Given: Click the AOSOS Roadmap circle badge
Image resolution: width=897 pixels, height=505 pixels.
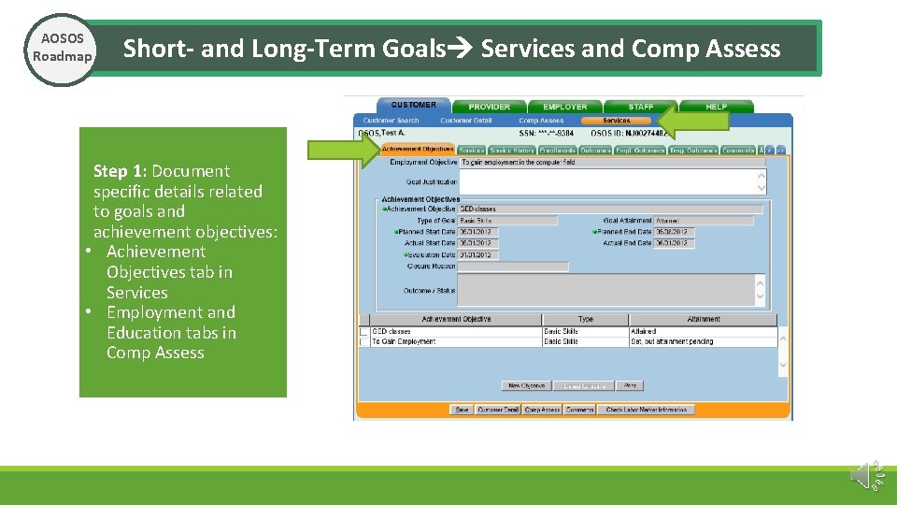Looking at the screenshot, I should [61, 49].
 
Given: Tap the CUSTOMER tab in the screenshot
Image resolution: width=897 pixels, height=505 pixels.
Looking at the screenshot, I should [413, 106].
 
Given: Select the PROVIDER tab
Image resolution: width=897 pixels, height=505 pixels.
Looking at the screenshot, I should [489, 107].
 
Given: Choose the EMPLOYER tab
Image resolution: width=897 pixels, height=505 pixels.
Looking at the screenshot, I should [564, 107].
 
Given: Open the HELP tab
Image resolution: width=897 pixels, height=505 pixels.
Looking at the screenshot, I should [716, 107].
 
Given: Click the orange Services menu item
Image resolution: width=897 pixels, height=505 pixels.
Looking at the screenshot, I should [616, 121].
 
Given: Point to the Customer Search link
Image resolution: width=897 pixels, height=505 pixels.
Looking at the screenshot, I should [391, 121].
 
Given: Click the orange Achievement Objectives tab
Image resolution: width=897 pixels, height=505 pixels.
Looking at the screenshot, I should [417, 150].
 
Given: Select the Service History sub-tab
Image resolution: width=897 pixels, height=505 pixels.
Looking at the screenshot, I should [512, 151].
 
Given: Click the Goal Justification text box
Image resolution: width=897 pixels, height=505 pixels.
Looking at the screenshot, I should [612, 180].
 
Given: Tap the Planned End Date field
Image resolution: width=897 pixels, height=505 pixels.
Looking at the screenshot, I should [674, 232].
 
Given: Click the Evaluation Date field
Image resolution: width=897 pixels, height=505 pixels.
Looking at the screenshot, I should [478, 254].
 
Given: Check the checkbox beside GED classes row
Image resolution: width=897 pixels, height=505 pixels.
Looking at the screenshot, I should [363, 331].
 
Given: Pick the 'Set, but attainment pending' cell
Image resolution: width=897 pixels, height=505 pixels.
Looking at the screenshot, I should [703, 341].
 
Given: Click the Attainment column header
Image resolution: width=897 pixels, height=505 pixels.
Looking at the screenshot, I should [703, 320].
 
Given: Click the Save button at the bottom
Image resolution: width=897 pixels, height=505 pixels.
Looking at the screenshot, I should [462, 410].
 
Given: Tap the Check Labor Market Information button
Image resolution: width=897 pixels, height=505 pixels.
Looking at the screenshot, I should [647, 410].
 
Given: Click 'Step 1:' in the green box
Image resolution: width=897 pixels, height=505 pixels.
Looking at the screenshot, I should [121, 171].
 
